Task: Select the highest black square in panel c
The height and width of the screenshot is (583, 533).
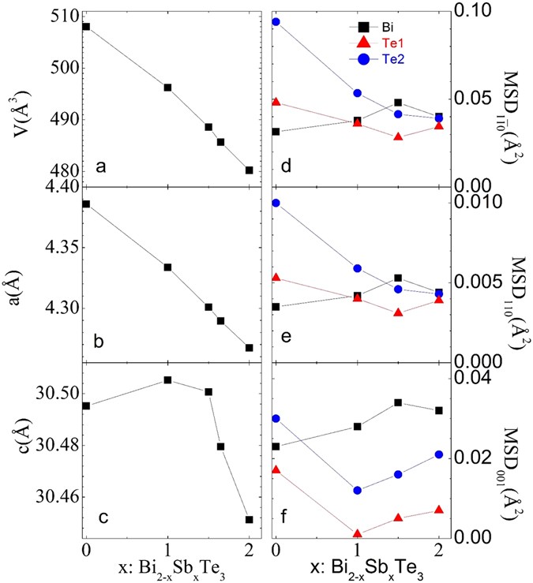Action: pos(167,380)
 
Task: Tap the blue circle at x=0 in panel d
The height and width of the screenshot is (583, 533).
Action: pos(276,21)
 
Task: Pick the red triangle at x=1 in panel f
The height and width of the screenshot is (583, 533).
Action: pos(358,534)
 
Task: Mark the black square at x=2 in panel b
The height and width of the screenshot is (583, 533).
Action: pos(250,347)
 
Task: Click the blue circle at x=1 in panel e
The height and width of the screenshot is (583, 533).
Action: pos(358,268)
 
